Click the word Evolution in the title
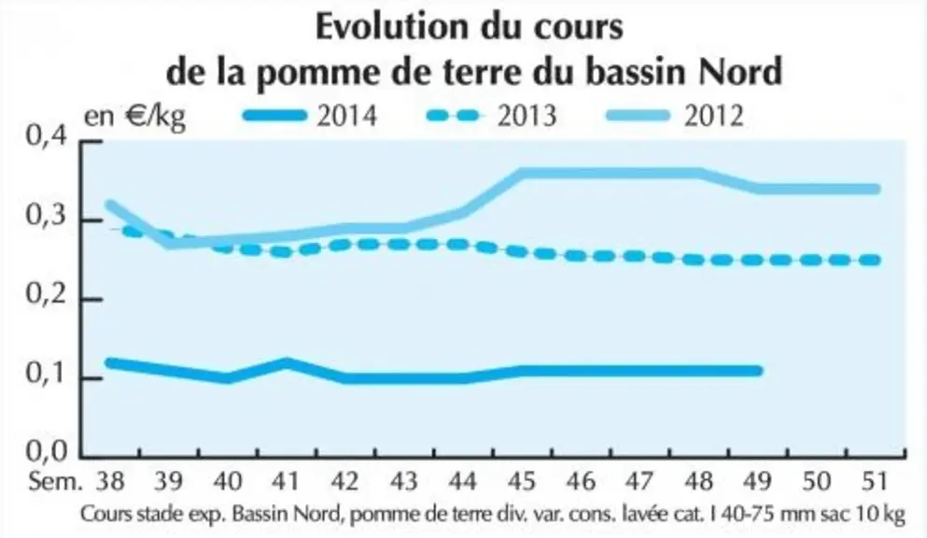391,27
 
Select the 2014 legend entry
310,116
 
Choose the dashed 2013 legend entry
492,116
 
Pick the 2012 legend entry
675,116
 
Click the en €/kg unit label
134,117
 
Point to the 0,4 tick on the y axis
47,137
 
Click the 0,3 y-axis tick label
47,217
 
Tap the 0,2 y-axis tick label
47,295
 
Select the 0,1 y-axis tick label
47,374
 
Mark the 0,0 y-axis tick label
47,452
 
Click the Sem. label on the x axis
55,482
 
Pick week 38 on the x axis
110,482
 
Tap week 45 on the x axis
522,482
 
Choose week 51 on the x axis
875,482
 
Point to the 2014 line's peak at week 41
287,362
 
